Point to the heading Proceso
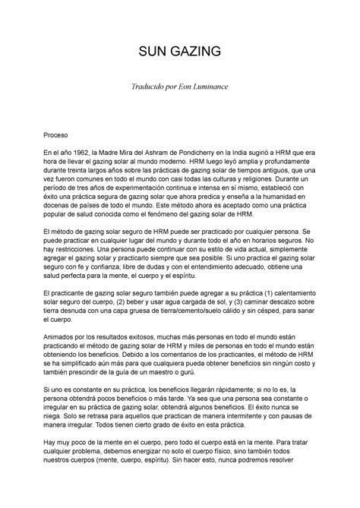(x=58, y=132)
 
